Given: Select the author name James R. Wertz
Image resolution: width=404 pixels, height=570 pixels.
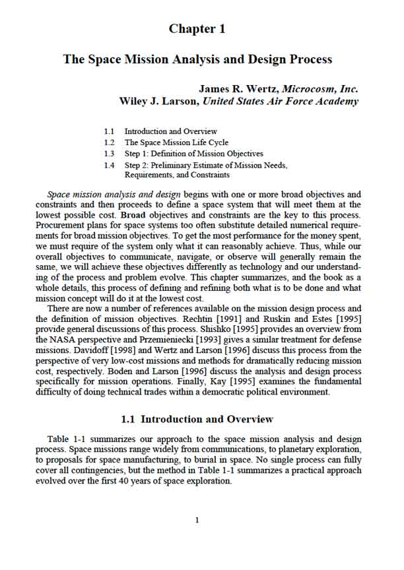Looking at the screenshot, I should [240, 88].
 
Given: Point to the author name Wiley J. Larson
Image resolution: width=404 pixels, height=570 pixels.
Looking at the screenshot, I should [158, 102].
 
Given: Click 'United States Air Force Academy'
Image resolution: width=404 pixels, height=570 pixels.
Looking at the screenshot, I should [281, 102].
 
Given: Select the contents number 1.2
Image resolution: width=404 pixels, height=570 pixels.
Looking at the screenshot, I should [110, 142].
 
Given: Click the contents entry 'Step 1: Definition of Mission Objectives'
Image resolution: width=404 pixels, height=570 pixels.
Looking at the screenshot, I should [193, 154].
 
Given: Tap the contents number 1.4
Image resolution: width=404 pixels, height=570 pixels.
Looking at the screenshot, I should [110, 166].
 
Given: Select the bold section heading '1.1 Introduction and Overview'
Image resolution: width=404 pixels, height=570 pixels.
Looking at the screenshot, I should [197, 420].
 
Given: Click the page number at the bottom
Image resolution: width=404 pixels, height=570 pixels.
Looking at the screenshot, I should [197, 521].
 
